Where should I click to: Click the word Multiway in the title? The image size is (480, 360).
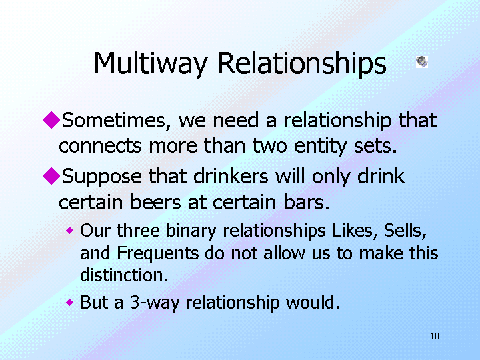coord(151,63)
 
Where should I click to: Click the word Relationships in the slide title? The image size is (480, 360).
coord(302,63)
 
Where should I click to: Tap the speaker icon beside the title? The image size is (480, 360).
coord(422,61)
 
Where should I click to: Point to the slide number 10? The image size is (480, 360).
coord(435,336)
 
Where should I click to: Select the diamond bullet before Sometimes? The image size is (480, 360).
coord(51,120)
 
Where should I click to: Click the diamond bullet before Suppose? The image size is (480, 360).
coord(51,176)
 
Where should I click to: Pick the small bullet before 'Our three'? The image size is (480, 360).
coord(70,230)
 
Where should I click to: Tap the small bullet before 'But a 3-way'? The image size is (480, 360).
coord(70,303)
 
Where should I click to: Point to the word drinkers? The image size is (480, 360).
coord(231,176)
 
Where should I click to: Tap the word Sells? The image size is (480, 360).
coord(405,231)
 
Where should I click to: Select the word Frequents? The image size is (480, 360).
coord(157,253)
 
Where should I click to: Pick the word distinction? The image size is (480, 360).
coord(124,275)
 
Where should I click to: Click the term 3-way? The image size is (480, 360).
coord(155,303)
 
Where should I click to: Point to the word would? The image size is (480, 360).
coord(313,302)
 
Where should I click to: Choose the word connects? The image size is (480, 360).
coord(100,146)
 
